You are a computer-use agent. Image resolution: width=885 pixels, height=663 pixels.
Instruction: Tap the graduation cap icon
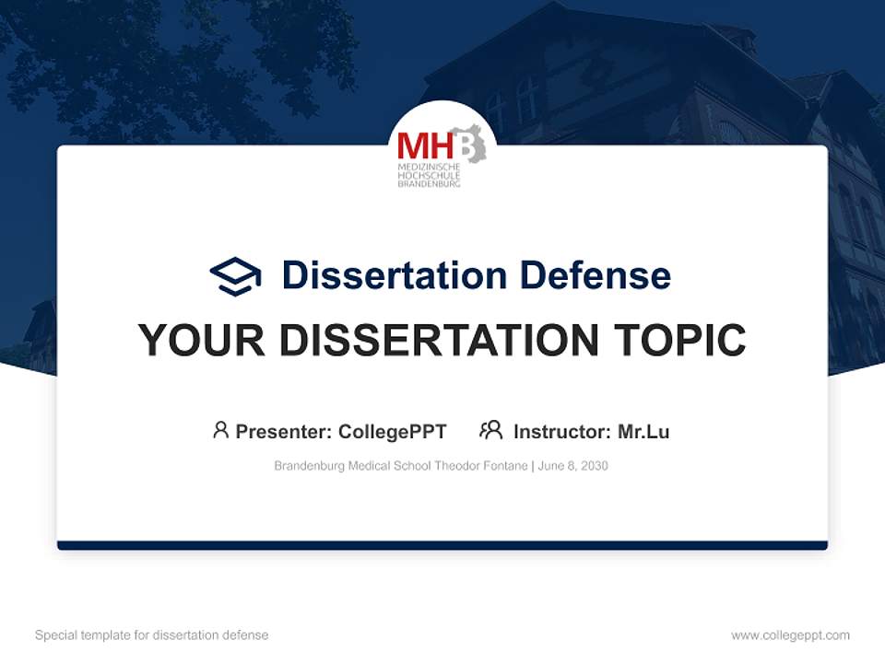click(235, 275)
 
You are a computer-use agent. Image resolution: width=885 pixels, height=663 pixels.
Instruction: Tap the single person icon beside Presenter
click(220, 430)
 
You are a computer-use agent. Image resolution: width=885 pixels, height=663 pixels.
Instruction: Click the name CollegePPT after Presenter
click(393, 432)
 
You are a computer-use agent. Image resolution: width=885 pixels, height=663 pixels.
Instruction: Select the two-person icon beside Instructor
click(491, 430)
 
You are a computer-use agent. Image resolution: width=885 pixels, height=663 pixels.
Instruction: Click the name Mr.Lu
click(643, 432)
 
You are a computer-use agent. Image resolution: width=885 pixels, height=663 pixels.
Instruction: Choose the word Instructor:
click(561, 432)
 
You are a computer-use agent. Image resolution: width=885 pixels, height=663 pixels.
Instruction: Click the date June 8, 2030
click(572, 466)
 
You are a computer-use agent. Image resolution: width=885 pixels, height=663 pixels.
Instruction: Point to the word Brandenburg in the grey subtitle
click(308, 466)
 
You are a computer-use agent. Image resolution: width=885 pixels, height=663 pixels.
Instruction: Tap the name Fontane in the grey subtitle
click(503, 466)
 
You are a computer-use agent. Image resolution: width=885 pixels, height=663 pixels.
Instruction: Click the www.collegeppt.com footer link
click(790, 635)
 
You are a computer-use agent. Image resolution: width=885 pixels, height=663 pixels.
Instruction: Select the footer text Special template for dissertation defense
click(152, 635)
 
